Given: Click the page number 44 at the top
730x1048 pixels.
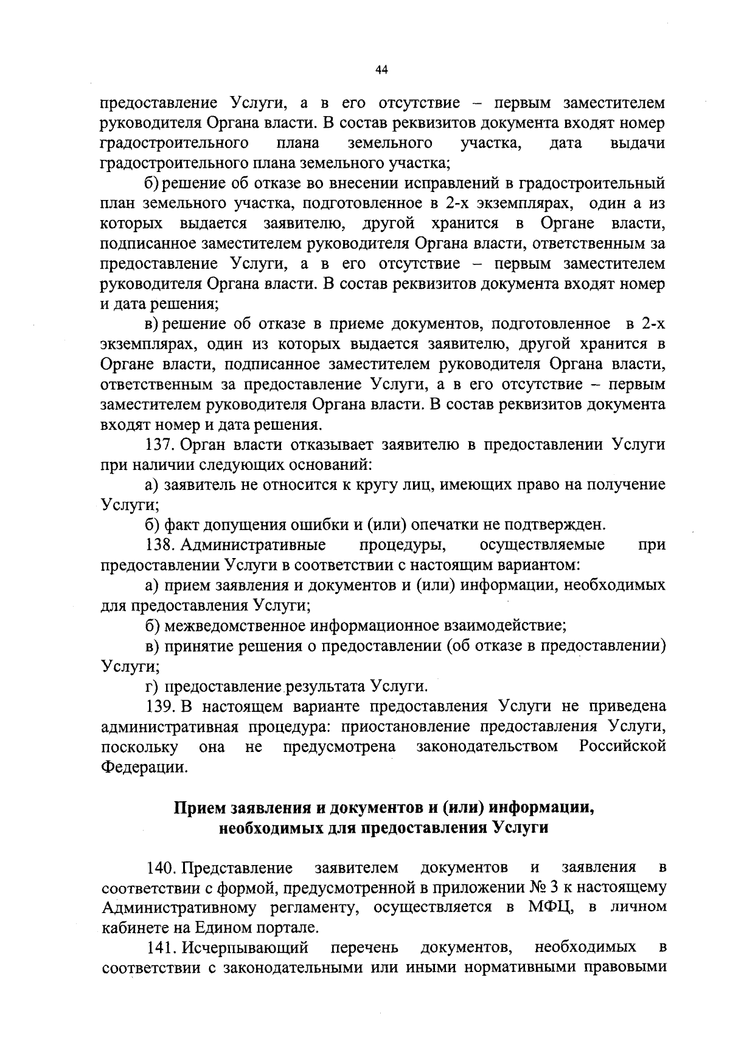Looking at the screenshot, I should pos(381,70).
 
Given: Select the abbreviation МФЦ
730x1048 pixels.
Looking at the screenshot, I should pos(543,907).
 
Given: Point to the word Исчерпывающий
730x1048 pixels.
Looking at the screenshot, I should pos(245,947).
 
